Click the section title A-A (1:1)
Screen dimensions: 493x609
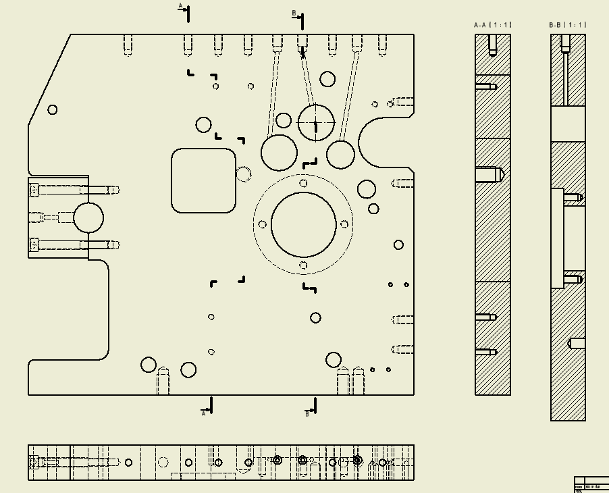[493, 25]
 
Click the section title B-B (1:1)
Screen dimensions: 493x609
[568, 25]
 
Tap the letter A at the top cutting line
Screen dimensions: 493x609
[180, 6]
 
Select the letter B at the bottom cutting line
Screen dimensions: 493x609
[307, 413]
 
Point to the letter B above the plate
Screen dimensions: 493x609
[294, 13]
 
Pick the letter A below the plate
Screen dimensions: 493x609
[203, 413]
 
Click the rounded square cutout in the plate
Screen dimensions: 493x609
[203, 180]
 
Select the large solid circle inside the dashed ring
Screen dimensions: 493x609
[303, 224]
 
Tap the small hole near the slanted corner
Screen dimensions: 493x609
[53, 109]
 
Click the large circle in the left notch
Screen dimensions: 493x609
[88, 217]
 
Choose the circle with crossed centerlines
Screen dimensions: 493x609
[316, 122]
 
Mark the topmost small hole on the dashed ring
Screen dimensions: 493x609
[303, 183]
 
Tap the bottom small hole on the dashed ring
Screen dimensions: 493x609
[303, 265]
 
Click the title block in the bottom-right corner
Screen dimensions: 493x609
[591, 484]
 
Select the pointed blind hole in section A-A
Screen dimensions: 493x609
[491, 174]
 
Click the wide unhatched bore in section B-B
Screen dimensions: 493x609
[568, 124]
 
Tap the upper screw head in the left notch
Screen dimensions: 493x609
[34, 190]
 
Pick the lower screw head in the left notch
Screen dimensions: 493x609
[34, 244]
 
